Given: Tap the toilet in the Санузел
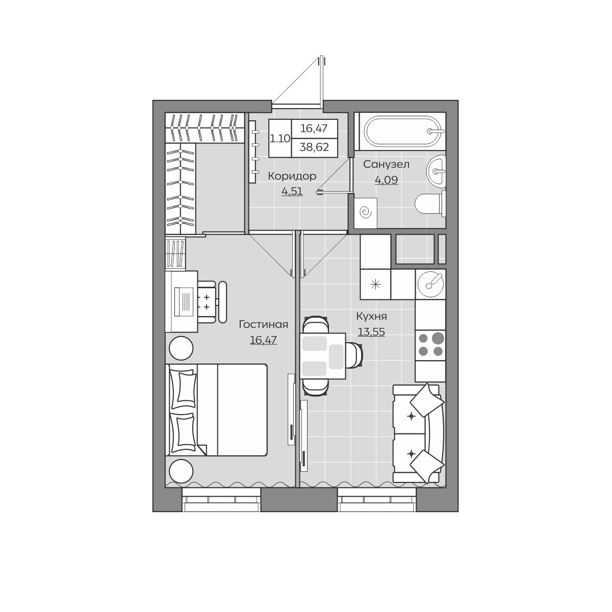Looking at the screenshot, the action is click(x=430, y=203).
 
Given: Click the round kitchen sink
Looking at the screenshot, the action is click(x=430, y=284).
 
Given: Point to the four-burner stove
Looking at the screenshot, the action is click(x=430, y=345).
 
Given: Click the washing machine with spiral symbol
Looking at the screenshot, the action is click(x=366, y=213).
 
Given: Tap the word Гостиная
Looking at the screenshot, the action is click(x=263, y=324).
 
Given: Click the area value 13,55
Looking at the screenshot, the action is click(x=371, y=332).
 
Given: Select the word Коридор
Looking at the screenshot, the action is click(x=292, y=176).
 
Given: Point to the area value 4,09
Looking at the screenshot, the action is click(x=386, y=180).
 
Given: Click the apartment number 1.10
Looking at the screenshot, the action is click(x=280, y=139).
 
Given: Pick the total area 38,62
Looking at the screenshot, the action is click(x=314, y=147).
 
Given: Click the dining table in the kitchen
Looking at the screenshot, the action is click(x=323, y=356).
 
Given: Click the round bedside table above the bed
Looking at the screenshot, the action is click(x=181, y=348).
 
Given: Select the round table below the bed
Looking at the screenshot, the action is click(x=181, y=471).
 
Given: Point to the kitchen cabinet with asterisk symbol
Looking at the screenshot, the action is click(x=375, y=284).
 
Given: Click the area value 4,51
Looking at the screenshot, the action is click(x=292, y=191).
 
